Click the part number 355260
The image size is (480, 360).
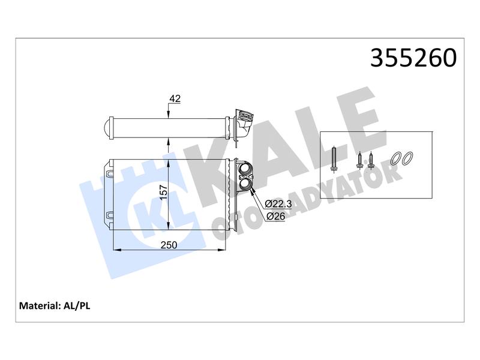click(413, 58)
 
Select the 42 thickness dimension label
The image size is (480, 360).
click(175, 98)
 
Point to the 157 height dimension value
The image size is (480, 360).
click(164, 191)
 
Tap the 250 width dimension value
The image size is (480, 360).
click(169, 245)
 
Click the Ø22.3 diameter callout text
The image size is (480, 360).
click(278, 203)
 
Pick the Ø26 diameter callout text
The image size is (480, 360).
click(275, 216)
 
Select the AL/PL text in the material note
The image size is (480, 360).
click(77, 305)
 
